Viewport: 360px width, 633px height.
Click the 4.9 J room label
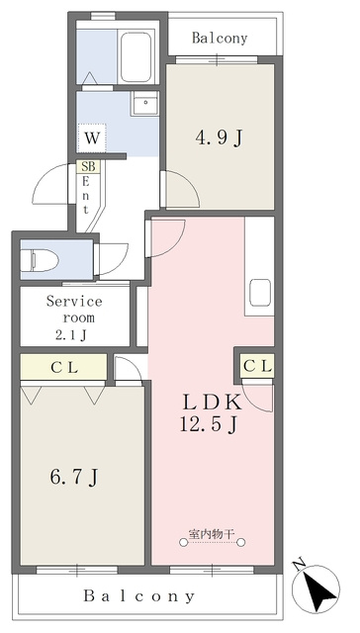pos(220,138)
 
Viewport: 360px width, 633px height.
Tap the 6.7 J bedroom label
pos(74,478)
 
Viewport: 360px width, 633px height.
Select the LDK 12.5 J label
pos(211,413)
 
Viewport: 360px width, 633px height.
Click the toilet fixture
pos(40,259)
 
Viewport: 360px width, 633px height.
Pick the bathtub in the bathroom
pos(136,57)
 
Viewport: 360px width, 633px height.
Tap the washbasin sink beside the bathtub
pos(144,103)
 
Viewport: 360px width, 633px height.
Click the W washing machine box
pos(92,138)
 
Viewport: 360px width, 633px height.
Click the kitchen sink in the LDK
pos(259,293)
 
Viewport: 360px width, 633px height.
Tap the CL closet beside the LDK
pos(257,367)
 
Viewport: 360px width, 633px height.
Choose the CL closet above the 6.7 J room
pos(63,367)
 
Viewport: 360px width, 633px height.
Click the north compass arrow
pos(319,589)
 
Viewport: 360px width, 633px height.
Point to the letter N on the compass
pos(299,565)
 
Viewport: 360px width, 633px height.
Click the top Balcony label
pos(220,39)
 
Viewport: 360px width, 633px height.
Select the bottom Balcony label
pos(139,595)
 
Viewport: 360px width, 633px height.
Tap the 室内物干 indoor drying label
pos(212,534)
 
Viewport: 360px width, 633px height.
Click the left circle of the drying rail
pos(184,543)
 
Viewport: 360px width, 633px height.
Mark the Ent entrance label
pos(85,196)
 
